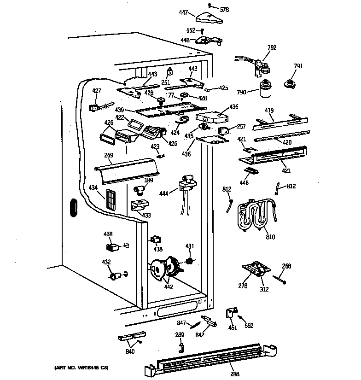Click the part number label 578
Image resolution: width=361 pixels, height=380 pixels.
tap(224, 9)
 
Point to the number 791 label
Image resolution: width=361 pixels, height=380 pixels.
tap(298, 66)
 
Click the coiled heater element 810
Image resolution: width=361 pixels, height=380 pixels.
tap(254, 215)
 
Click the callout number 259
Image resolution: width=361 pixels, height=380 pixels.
tap(109, 156)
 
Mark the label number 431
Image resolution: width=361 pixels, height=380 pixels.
tap(190, 246)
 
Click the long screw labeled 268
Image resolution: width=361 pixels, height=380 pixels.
tap(280, 278)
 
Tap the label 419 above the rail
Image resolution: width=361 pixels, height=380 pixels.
tap(269, 111)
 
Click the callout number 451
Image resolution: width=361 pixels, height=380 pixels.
tap(233, 327)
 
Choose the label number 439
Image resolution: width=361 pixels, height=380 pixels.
tap(119, 110)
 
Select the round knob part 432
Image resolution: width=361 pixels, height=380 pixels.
tap(114, 276)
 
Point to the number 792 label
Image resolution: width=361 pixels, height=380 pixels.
tap(272, 47)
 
